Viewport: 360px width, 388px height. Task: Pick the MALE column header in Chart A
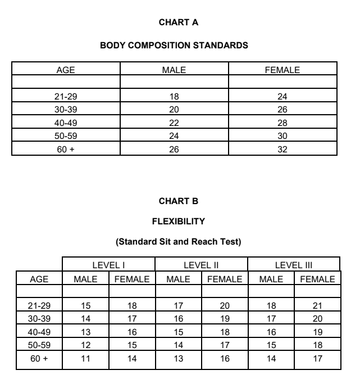point(174,70)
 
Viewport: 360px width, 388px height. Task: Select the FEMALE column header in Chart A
point(282,70)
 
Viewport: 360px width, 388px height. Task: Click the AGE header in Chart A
point(66,70)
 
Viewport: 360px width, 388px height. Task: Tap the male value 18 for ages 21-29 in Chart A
point(174,96)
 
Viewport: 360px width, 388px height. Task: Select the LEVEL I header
point(108,264)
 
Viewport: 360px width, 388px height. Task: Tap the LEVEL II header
point(201,264)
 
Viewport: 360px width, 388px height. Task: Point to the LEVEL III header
point(294,264)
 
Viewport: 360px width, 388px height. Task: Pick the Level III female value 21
point(317,305)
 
